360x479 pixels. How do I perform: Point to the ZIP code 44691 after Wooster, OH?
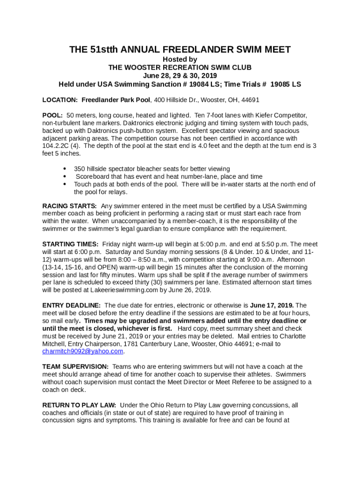point(250,100)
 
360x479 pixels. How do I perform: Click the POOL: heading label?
point(52,115)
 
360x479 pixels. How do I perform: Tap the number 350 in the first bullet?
point(80,169)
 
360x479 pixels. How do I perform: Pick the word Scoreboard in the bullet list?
point(92,176)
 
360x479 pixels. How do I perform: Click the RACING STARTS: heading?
point(70,206)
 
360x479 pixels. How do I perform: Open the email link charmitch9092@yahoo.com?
point(83,351)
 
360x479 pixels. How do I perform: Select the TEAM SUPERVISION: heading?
point(76,367)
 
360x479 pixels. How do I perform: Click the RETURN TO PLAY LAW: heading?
point(79,405)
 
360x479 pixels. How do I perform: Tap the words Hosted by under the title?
point(180,59)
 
